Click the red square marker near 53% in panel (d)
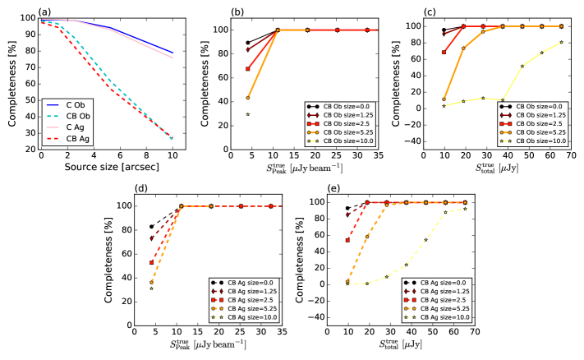(151, 262)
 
